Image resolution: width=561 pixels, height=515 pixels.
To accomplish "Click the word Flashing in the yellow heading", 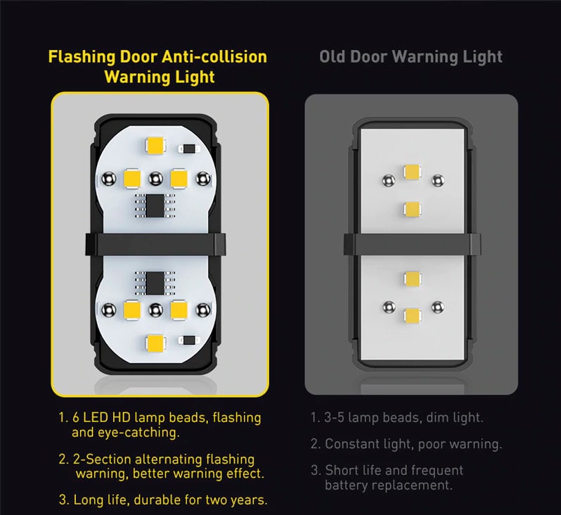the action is click(82, 57).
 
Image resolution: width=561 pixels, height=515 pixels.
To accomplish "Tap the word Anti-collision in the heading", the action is click(214, 57).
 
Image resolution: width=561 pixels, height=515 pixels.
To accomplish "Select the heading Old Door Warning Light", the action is click(411, 57).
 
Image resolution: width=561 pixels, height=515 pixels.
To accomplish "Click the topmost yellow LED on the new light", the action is click(155, 145).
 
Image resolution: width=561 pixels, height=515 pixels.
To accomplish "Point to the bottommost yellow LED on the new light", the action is click(155, 343).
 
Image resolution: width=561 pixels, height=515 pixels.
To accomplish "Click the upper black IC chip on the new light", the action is click(155, 205).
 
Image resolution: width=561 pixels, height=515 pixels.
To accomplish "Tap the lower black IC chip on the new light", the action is click(155, 283).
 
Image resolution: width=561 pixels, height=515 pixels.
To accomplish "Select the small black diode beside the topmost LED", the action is click(189, 148).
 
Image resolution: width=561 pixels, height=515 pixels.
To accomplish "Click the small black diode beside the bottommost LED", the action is click(189, 341).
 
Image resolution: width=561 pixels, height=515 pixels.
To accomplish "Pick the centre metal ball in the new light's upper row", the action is click(155, 179).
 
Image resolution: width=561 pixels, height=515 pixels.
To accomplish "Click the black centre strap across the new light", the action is click(155, 244).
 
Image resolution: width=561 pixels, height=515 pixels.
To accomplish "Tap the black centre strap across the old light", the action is click(412, 244).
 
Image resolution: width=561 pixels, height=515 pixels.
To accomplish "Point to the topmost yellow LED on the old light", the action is click(412, 172).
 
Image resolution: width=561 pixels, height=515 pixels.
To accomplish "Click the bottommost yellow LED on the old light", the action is click(412, 315).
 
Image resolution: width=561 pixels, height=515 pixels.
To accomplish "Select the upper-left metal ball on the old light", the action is click(389, 181).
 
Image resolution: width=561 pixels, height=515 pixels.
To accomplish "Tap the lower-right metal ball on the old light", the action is click(437, 307).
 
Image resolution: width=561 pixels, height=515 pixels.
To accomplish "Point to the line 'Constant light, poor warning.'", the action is click(413, 444).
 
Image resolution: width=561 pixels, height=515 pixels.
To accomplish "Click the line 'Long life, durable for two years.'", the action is click(170, 500).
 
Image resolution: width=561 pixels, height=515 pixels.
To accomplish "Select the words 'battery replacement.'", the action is click(389, 485).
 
